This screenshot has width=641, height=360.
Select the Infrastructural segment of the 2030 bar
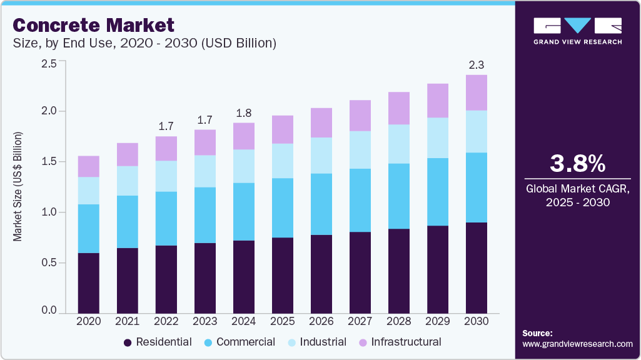477,92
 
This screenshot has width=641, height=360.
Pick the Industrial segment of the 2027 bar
360,149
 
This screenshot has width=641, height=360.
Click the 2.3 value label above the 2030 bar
477,64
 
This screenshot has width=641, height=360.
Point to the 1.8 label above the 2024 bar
244,112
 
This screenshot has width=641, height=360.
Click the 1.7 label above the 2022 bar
166,126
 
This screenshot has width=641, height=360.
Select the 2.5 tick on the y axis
49,64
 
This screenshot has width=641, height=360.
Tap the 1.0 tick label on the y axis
49,212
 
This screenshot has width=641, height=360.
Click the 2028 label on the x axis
399,321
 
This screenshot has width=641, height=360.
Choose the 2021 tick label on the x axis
127,321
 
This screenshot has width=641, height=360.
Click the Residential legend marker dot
128,342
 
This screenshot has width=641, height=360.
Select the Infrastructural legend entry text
406,342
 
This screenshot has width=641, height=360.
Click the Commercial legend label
245,342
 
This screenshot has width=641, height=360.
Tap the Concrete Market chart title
93,26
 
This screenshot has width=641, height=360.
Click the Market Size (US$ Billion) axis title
18,187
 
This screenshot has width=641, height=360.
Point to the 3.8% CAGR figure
577,164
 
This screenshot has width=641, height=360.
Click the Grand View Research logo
577,31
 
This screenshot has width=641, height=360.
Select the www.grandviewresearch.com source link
577,344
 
